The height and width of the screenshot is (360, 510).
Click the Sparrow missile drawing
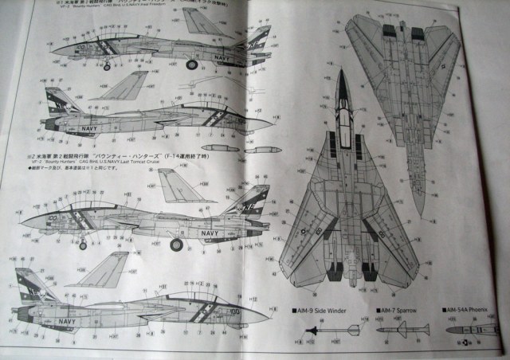[402, 328]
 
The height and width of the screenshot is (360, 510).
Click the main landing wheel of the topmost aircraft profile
[191, 65]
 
